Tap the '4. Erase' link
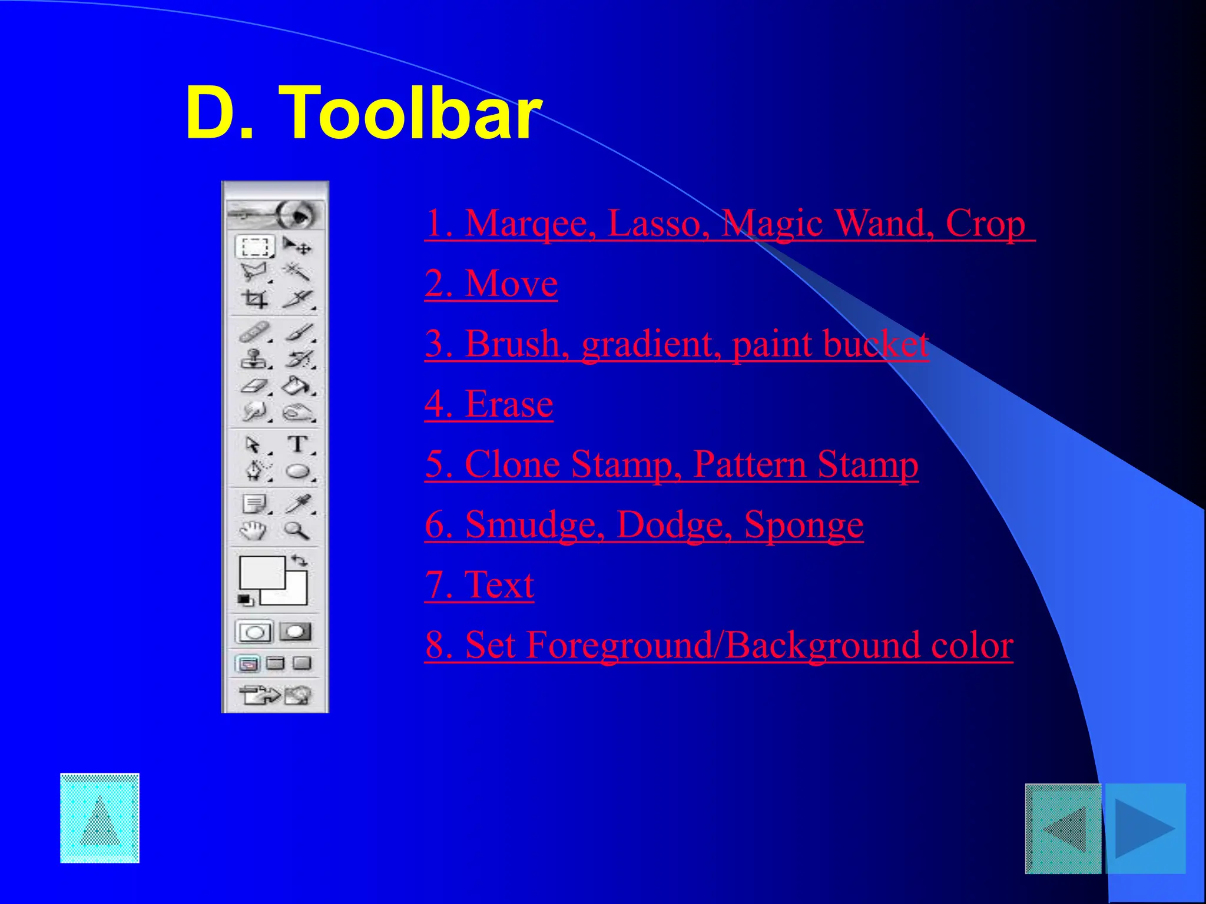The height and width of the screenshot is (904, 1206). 488,404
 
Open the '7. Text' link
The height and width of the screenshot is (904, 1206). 479,585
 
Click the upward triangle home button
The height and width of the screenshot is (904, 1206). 100,818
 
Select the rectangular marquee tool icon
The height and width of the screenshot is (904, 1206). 255,247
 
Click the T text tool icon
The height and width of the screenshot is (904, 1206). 298,444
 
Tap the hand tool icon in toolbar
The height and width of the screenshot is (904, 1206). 253,531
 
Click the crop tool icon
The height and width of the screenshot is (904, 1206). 255,300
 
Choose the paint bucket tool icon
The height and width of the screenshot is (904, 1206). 296,386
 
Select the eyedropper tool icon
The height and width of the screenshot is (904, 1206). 298,504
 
